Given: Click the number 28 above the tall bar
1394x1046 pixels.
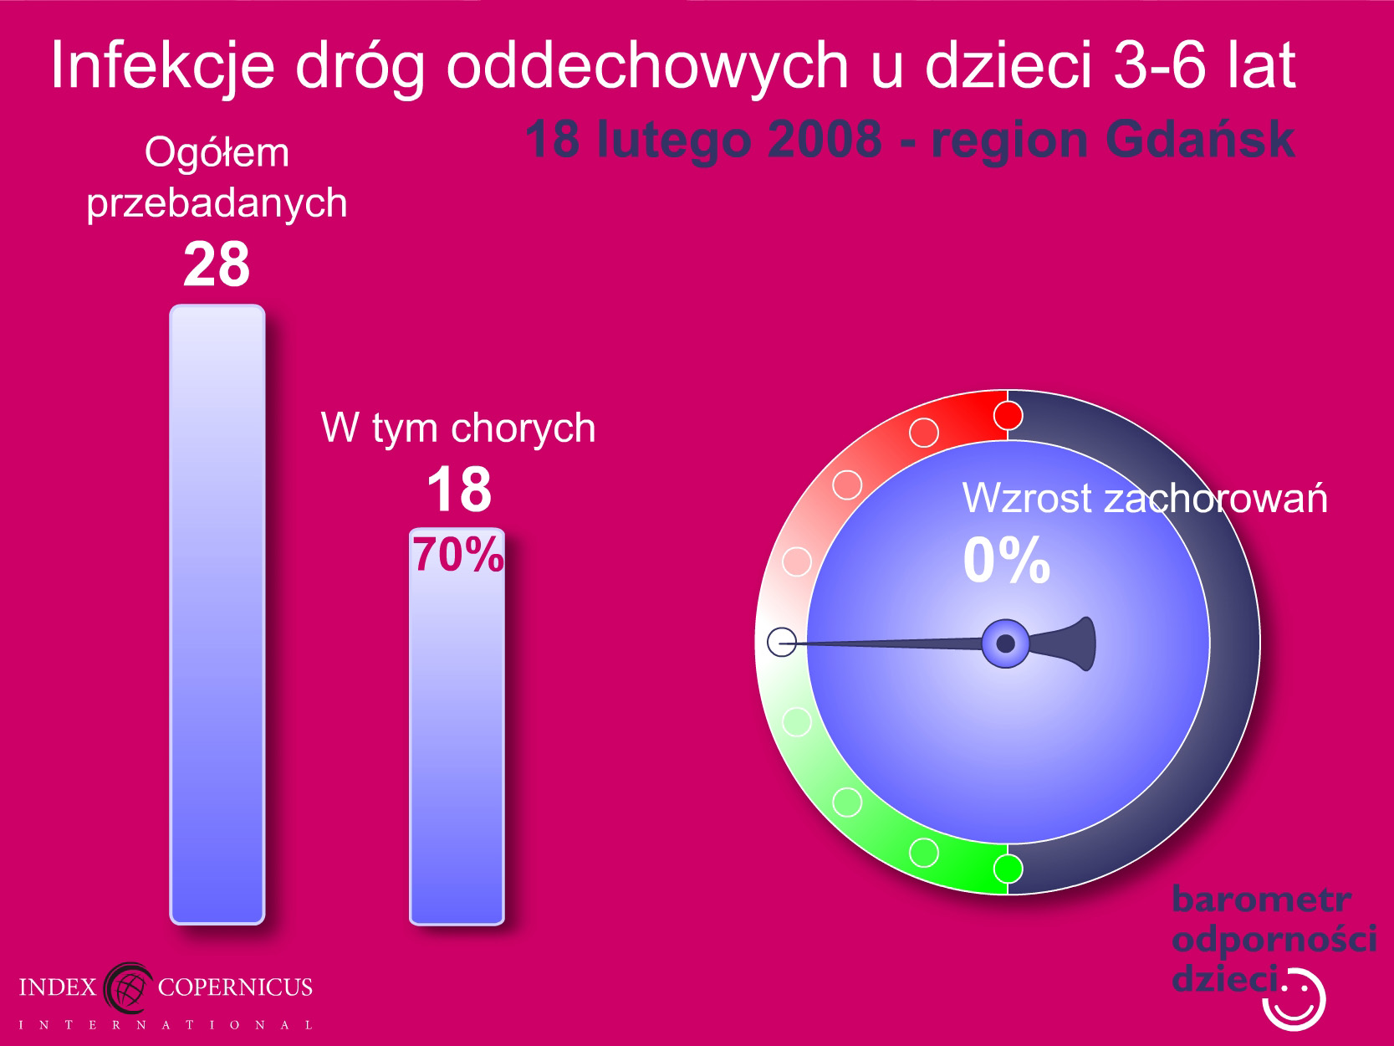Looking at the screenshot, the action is [x=217, y=264].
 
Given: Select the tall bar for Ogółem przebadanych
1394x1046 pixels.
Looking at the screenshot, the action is [x=217, y=614].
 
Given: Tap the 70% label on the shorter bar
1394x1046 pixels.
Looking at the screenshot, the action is [x=458, y=555].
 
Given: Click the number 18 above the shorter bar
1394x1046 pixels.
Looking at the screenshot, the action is [x=459, y=489].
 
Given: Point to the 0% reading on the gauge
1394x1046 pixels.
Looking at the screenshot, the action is [x=1007, y=560].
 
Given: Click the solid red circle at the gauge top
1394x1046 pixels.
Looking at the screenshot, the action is [x=1008, y=416].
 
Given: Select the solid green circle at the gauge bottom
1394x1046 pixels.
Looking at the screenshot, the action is [x=1008, y=868].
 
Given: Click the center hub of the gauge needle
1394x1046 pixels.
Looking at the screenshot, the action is [x=1005, y=643].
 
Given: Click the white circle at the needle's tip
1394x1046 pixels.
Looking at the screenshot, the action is [x=782, y=642].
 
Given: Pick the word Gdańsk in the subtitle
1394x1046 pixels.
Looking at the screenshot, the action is [x=1200, y=140].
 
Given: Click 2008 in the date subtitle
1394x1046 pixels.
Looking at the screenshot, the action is [x=825, y=140].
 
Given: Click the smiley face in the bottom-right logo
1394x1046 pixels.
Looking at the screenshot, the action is [x=1294, y=1000].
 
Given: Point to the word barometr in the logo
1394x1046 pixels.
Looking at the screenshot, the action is [x=1261, y=900].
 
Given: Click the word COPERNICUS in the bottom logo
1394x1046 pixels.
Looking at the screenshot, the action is [x=235, y=987].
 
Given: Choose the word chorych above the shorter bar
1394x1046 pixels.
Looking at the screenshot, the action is [x=523, y=428].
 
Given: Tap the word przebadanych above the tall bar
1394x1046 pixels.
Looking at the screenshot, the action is [x=217, y=204].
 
